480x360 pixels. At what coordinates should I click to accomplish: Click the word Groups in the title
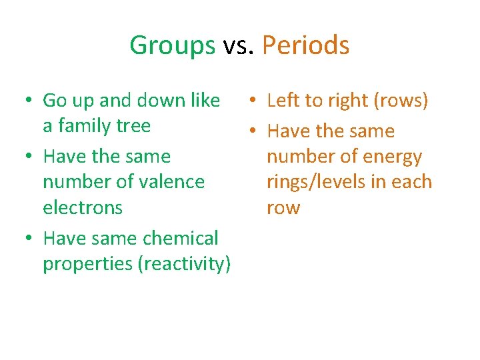pos(172,46)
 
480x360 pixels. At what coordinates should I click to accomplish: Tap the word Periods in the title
pos(305,46)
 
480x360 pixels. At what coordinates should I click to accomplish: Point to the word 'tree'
pos(133,125)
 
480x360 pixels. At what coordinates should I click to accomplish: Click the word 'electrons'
pos(83,207)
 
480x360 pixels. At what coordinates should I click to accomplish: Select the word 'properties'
pos(87,264)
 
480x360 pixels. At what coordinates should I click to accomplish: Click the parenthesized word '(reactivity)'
pos(184,264)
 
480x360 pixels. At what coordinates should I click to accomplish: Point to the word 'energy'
pos(393,157)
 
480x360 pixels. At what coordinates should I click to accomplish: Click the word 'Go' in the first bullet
pos(53,101)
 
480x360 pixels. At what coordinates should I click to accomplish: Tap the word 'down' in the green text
pos(161,101)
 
